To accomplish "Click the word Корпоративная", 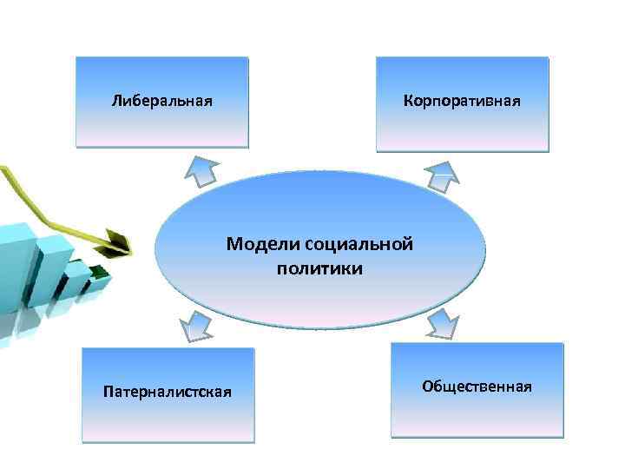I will click(x=462, y=101).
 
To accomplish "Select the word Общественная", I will click(x=477, y=385).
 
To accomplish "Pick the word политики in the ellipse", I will click(x=319, y=268).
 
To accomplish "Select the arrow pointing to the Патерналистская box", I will click(x=194, y=326).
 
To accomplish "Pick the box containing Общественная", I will click(x=477, y=413).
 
